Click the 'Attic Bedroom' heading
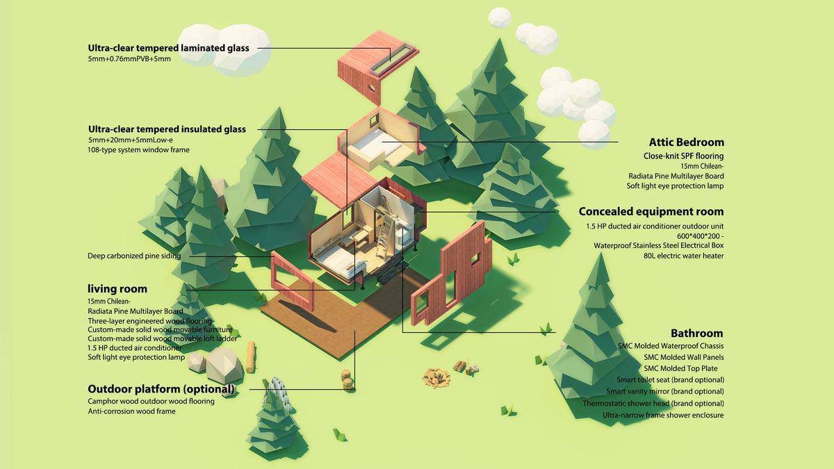click(686, 142)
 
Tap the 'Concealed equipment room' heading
click(651, 211)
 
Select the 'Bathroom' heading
click(696, 333)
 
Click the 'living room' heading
click(117, 289)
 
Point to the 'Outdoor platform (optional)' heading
click(161, 389)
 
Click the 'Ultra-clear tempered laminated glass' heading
click(168, 48)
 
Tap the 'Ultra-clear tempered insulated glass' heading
click(167, 129)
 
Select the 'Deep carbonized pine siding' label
click(134, 256)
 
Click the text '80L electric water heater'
click(684, 256)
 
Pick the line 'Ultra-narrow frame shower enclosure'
click(663, 415)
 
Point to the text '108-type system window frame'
click(138, 149)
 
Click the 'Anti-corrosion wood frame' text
click(131, 411)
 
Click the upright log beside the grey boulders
click(251, 357)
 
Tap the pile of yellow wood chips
click(436, 378)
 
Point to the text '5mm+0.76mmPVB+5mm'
click(129, 59)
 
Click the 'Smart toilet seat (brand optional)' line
click(670, 379)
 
